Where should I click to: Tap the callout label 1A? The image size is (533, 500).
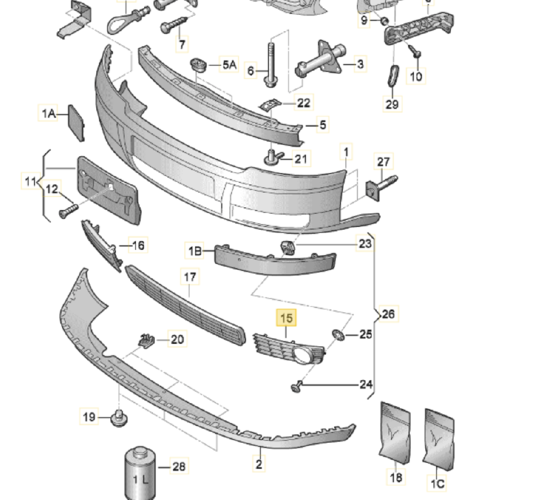49,113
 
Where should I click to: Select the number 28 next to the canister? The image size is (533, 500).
179,467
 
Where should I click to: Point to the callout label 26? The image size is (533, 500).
388,314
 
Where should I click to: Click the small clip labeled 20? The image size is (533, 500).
146,340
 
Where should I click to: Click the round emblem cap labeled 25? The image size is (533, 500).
337,335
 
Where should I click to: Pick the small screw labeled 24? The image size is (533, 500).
297,386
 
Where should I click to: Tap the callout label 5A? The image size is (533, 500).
229,65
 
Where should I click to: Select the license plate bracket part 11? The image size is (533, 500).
108,190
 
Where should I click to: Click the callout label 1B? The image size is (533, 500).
195,252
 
